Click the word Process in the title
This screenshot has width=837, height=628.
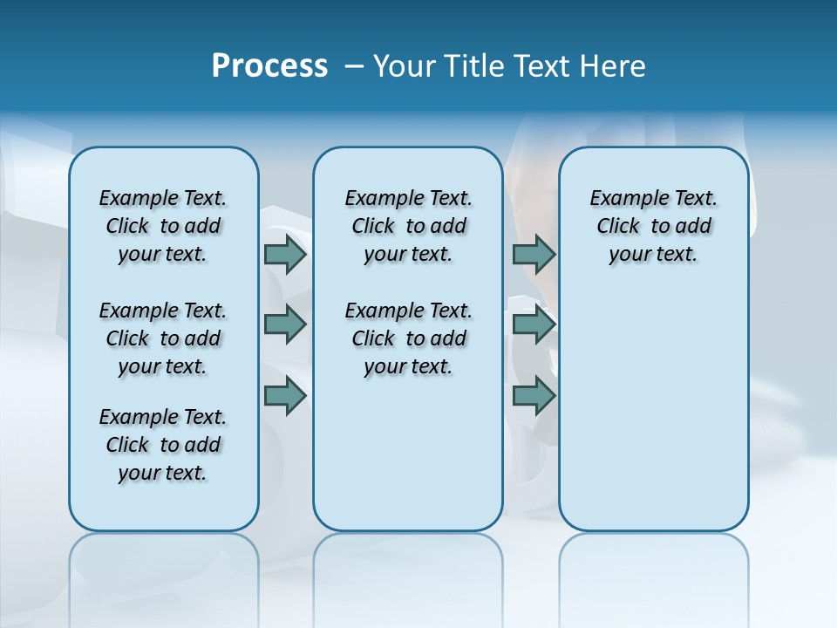pyautogui.click(x=269, y=66)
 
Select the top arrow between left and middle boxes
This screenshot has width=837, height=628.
pyautogui.click(x=285, y=255)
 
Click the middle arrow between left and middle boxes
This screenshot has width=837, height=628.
pyautogui.click(x=285, y=324)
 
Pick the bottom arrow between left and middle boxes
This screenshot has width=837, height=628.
pyautogui.click(x=285, y=396)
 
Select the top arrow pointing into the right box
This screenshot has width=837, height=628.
pyautogui.click(x=534, y=255)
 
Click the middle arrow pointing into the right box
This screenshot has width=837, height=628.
pyautogui.click(x=534, y=324)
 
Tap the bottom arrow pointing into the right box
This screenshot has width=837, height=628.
pyautogui.click(x=534, y=396)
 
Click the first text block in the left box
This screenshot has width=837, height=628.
pyautogui.click(x=163, y=226)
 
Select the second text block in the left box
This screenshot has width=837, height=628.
pyautogui.click(x=163, y=338)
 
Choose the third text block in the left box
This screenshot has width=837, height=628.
pyautogui.click(x=163, y=445)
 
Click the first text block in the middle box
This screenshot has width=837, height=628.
pyautogui.click(x=408, y=226)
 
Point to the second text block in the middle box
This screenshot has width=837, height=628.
pyautogui.click(x=408, y=338)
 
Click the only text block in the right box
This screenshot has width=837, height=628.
pyautogui.click(x=653, y=226)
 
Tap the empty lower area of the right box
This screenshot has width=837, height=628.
pyautogui.click(x=653, y=410)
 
